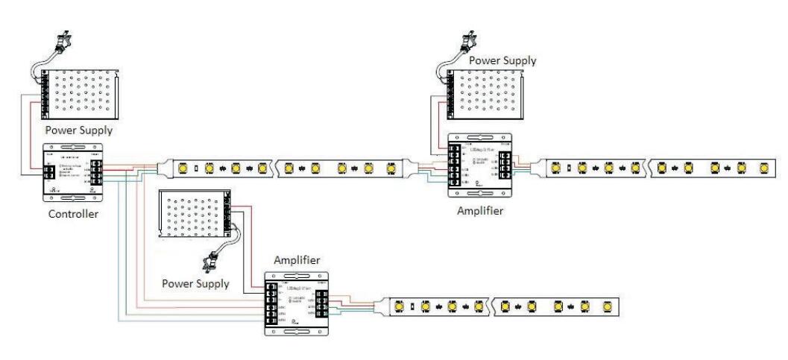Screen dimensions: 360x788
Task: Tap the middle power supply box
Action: [195, 218]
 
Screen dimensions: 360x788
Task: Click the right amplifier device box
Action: [481, 165]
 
